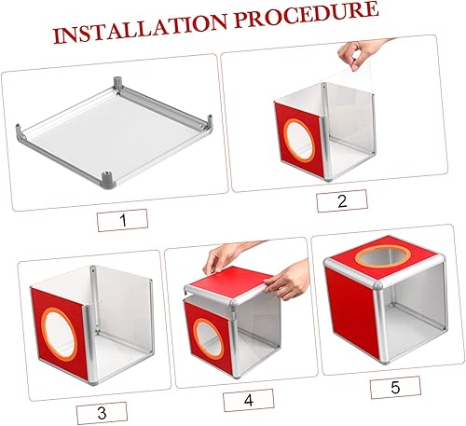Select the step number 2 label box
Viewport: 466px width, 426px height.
pyautogui.click(x=341, y=201)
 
